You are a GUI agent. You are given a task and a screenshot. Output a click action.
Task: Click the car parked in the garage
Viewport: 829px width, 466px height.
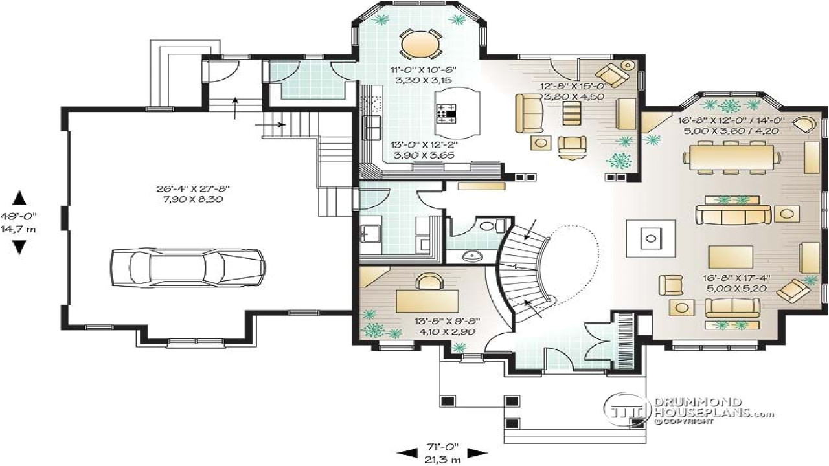(x=187, y=265)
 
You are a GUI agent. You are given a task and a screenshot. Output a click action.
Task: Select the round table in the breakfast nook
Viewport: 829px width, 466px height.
(x=418, y=45)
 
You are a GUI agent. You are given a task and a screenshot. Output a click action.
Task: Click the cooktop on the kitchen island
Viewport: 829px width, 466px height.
(x=446, y=114)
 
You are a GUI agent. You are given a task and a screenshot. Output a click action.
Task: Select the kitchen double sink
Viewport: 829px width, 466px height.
(x=374, y=129)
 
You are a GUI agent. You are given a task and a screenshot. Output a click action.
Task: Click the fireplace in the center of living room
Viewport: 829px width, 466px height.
(x=650, y=239)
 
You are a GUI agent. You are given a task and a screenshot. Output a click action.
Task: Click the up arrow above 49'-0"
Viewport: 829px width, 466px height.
(x=20, y=198)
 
